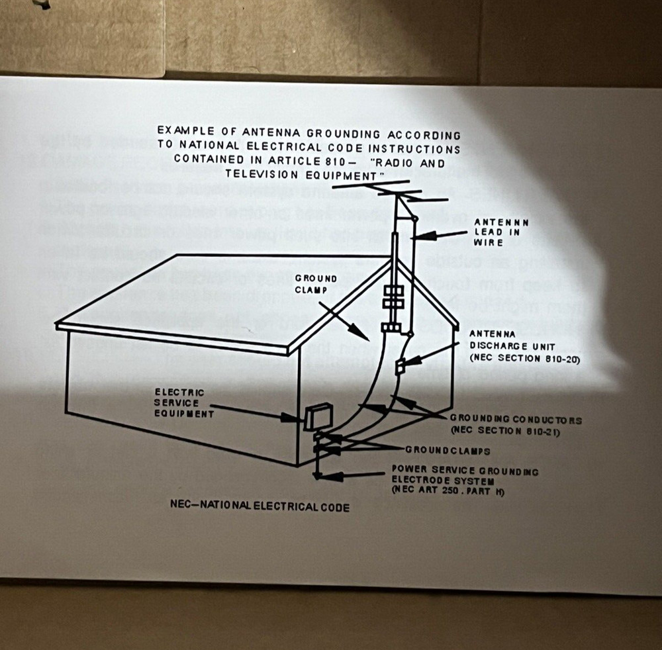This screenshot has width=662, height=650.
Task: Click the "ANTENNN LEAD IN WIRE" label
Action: click(501, 232)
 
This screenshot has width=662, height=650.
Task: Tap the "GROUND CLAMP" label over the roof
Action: click(316, 284)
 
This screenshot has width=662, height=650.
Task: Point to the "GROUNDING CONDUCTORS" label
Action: click(516, 420)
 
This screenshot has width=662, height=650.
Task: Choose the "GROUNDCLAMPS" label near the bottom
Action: click(448, 451)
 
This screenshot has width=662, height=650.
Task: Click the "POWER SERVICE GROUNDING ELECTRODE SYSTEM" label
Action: click(464, 476)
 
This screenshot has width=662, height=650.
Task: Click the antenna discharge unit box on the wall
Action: click(400, 365)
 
